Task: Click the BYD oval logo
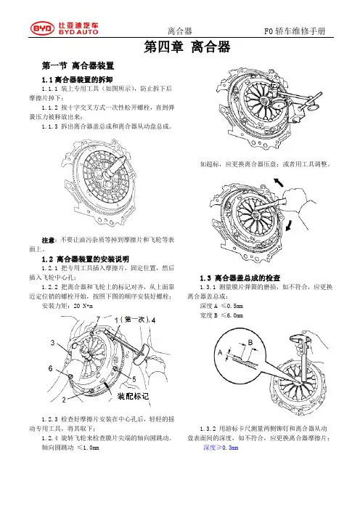click(42, 28)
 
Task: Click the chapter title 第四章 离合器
click(187, 46)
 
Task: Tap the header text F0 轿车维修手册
click(295, 31)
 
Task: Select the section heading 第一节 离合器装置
click(78, 65)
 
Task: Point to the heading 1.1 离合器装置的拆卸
click(78, 80)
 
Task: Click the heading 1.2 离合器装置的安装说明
click(86, 259)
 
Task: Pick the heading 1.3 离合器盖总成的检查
click(240, 278)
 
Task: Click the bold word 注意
click(48, 240)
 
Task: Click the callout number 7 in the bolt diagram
click(98, 318)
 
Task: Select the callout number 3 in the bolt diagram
click(53, 342)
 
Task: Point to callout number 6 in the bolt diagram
click(51, 368)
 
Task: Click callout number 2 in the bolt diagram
click(64, 400)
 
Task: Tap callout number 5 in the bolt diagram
click(134, 379)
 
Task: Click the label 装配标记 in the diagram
click(133, 396)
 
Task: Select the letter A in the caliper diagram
click(220, 352)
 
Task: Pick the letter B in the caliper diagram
click(250, 342)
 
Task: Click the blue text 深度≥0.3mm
click(221, 448)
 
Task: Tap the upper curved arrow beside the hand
click(278, 183)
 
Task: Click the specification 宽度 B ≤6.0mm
click(221, 315)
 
